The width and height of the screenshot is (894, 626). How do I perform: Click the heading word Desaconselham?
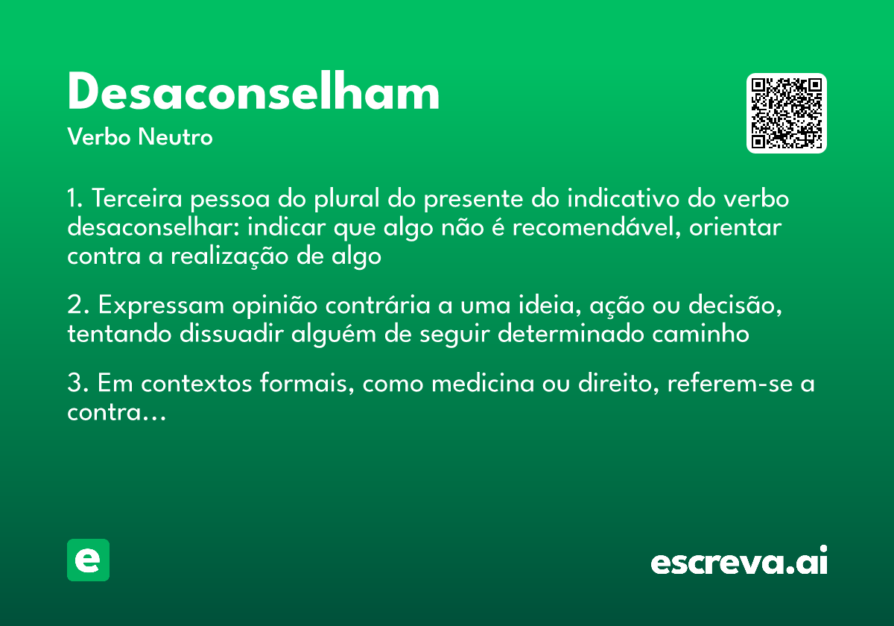(253, 94)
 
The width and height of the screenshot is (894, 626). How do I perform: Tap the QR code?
(787, 113)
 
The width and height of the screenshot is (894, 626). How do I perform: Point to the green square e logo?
(88, 560)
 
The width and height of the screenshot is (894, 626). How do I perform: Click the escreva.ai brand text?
(739, 562)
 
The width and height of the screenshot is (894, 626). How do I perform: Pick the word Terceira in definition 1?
(137, 200)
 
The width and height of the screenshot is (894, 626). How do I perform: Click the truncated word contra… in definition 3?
(115, 412)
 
